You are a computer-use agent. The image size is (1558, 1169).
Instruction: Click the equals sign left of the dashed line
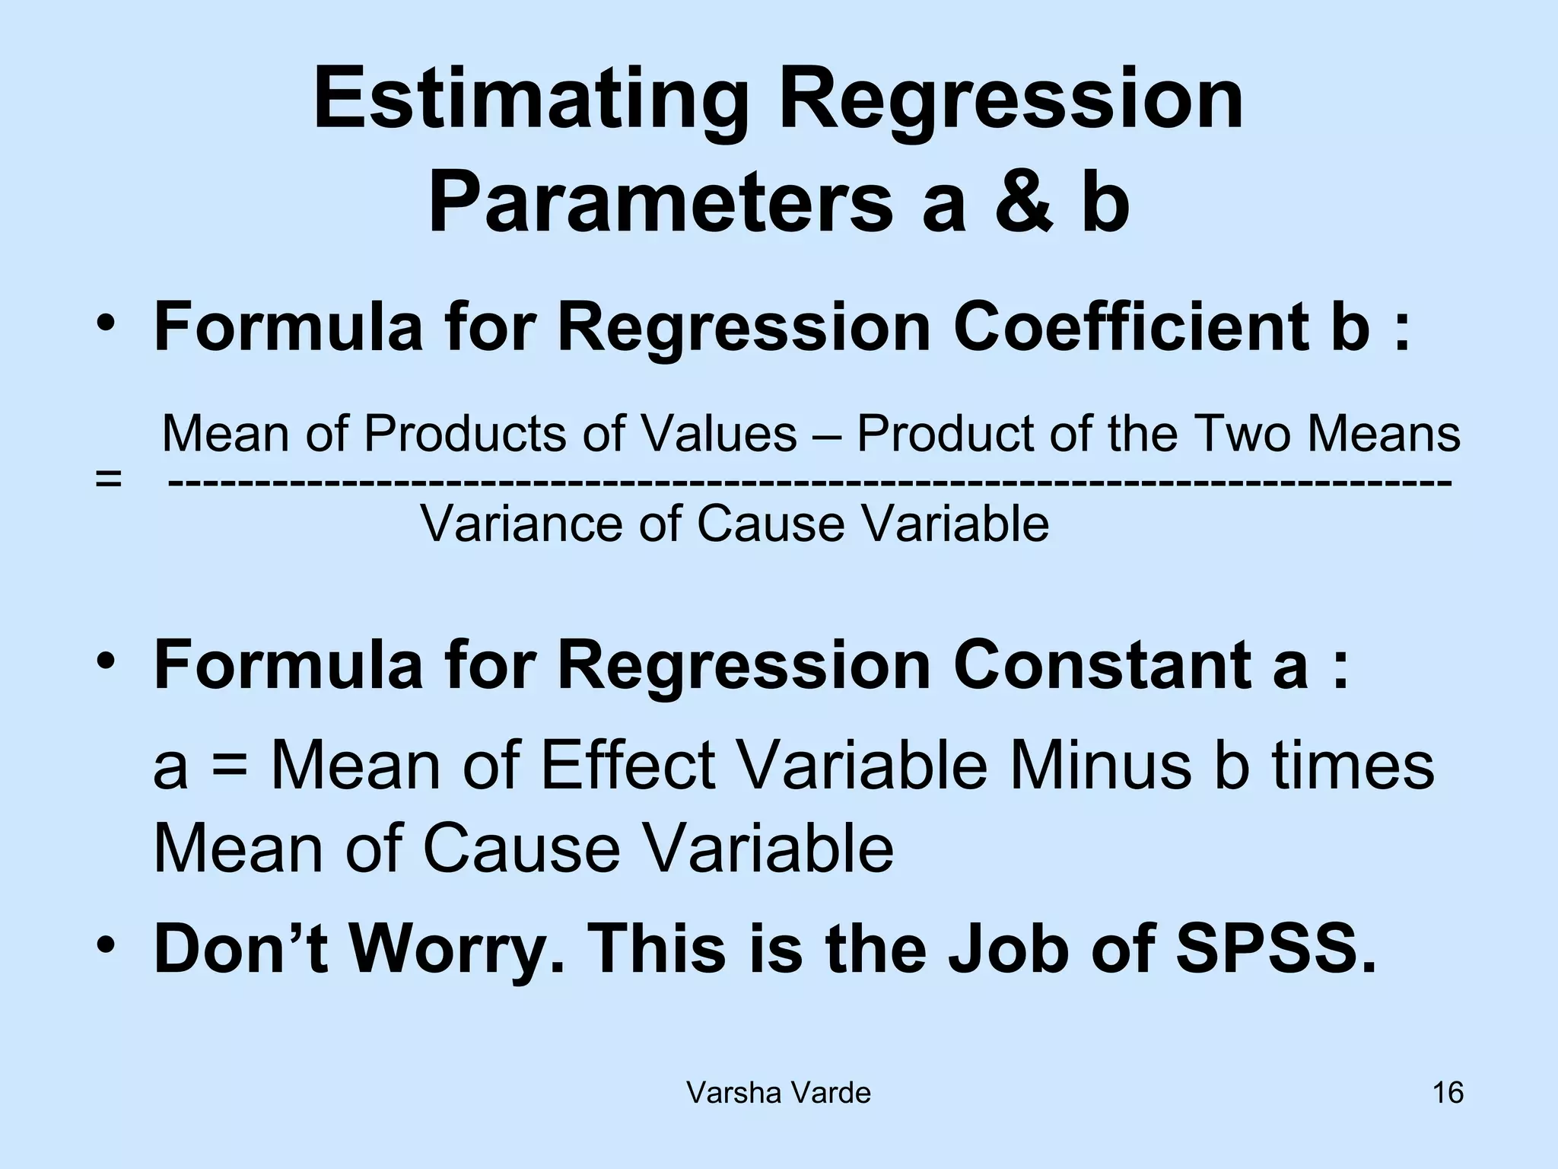[109, 480]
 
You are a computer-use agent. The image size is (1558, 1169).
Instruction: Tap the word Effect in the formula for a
[628, 765]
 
